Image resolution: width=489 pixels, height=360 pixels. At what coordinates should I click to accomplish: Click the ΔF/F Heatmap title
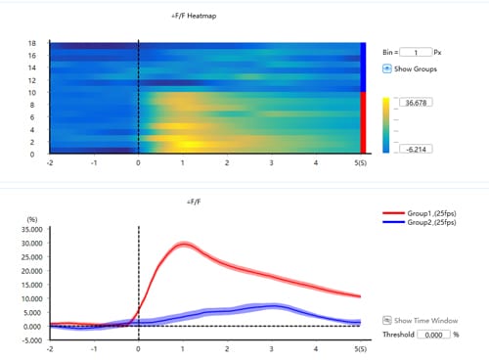[196, 17]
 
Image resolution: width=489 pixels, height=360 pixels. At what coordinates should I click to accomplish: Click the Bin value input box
[415, 52]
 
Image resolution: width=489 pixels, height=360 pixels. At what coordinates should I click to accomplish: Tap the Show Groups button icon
[387, 68]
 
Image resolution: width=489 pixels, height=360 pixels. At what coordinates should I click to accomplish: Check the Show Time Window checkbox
[386, 320]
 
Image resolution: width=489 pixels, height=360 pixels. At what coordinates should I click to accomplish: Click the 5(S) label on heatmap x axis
[359, 162]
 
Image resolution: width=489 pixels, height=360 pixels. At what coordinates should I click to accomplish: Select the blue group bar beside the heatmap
[364, 67]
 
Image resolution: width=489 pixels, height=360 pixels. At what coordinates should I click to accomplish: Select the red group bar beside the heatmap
[364, 122]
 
